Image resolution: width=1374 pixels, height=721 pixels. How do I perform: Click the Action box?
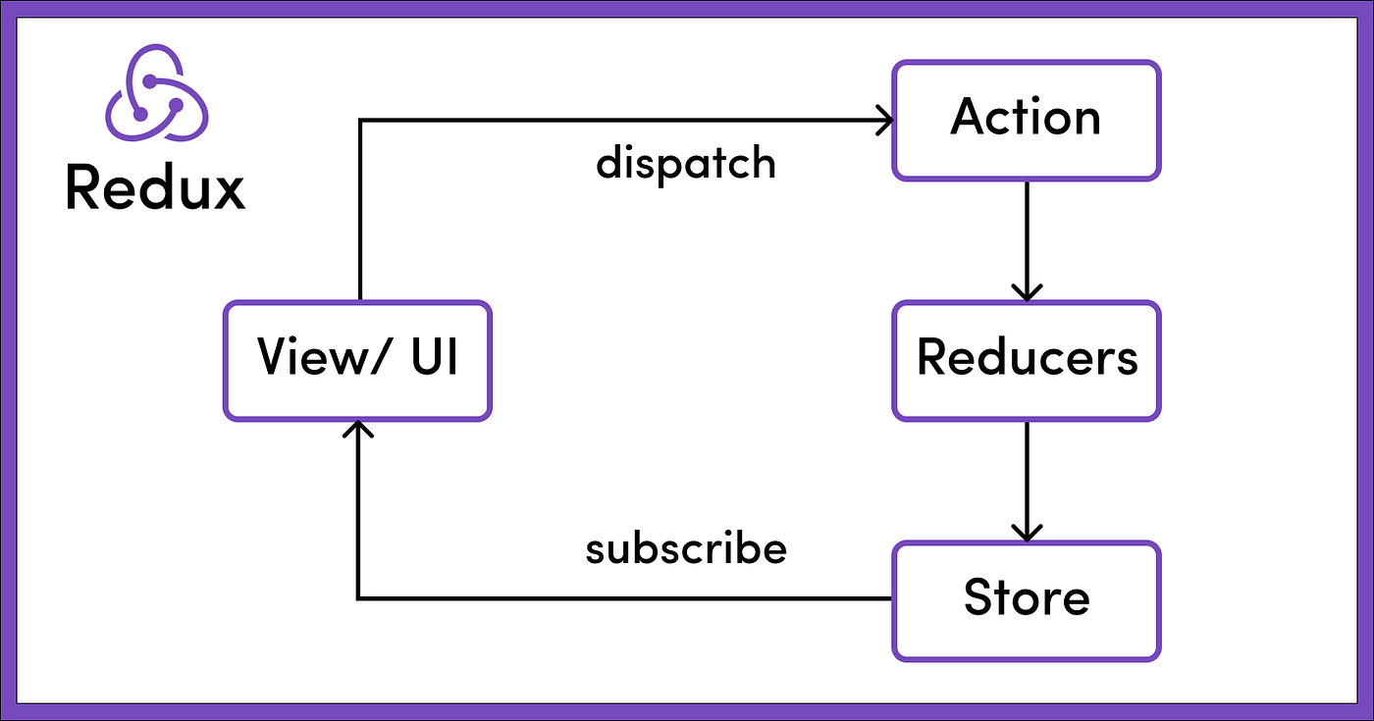coord(1026,120)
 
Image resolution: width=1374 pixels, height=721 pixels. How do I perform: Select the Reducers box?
coord(1026,359)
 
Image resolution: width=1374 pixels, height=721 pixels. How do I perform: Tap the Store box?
coord(1026,598)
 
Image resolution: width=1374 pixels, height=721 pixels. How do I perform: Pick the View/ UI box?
coord(356,360)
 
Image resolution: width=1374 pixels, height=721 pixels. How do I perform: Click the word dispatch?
coord(685,163)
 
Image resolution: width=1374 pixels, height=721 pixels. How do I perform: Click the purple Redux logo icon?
coord(155,94)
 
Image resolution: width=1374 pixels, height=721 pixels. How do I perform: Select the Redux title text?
coord(155,187)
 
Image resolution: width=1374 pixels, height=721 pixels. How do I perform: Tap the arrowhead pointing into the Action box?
coord(885,121)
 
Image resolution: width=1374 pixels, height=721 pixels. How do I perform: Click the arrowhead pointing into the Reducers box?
coord(1027,292)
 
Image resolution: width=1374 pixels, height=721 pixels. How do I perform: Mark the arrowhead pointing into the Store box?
coord(1027,533)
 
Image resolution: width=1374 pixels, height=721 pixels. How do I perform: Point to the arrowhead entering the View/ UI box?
coord(359,429)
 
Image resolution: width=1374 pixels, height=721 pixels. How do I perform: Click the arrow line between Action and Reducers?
coord(1027,235)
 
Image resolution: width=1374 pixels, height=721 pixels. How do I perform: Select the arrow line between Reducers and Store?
coord(1027,476)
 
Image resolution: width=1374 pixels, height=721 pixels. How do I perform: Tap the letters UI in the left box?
coord(429,358)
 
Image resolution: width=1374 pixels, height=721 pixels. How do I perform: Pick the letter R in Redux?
coord(82,187)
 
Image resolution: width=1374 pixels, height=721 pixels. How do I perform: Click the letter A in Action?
coord(969,118)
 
